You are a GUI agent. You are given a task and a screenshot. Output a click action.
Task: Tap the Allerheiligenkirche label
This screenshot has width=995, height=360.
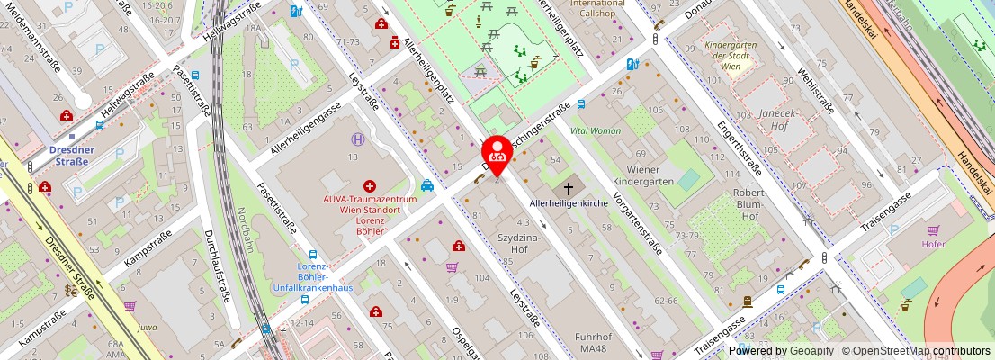click(x=569, y=204)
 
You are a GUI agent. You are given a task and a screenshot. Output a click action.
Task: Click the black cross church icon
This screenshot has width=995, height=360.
click(x=568, y=188)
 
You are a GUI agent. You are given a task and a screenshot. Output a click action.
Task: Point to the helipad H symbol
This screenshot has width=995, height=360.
click(x=359, y=139)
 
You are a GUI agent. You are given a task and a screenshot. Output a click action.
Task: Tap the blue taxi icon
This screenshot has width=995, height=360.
click(x=428, y=185)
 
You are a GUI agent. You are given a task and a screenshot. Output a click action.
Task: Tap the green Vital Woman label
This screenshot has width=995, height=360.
click(x=596, y=130)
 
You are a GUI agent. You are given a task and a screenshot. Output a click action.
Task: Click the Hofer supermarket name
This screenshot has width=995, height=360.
click(x=934, y=243)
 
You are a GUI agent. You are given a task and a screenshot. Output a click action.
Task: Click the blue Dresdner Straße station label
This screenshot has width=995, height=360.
click(x=68, y=156)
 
